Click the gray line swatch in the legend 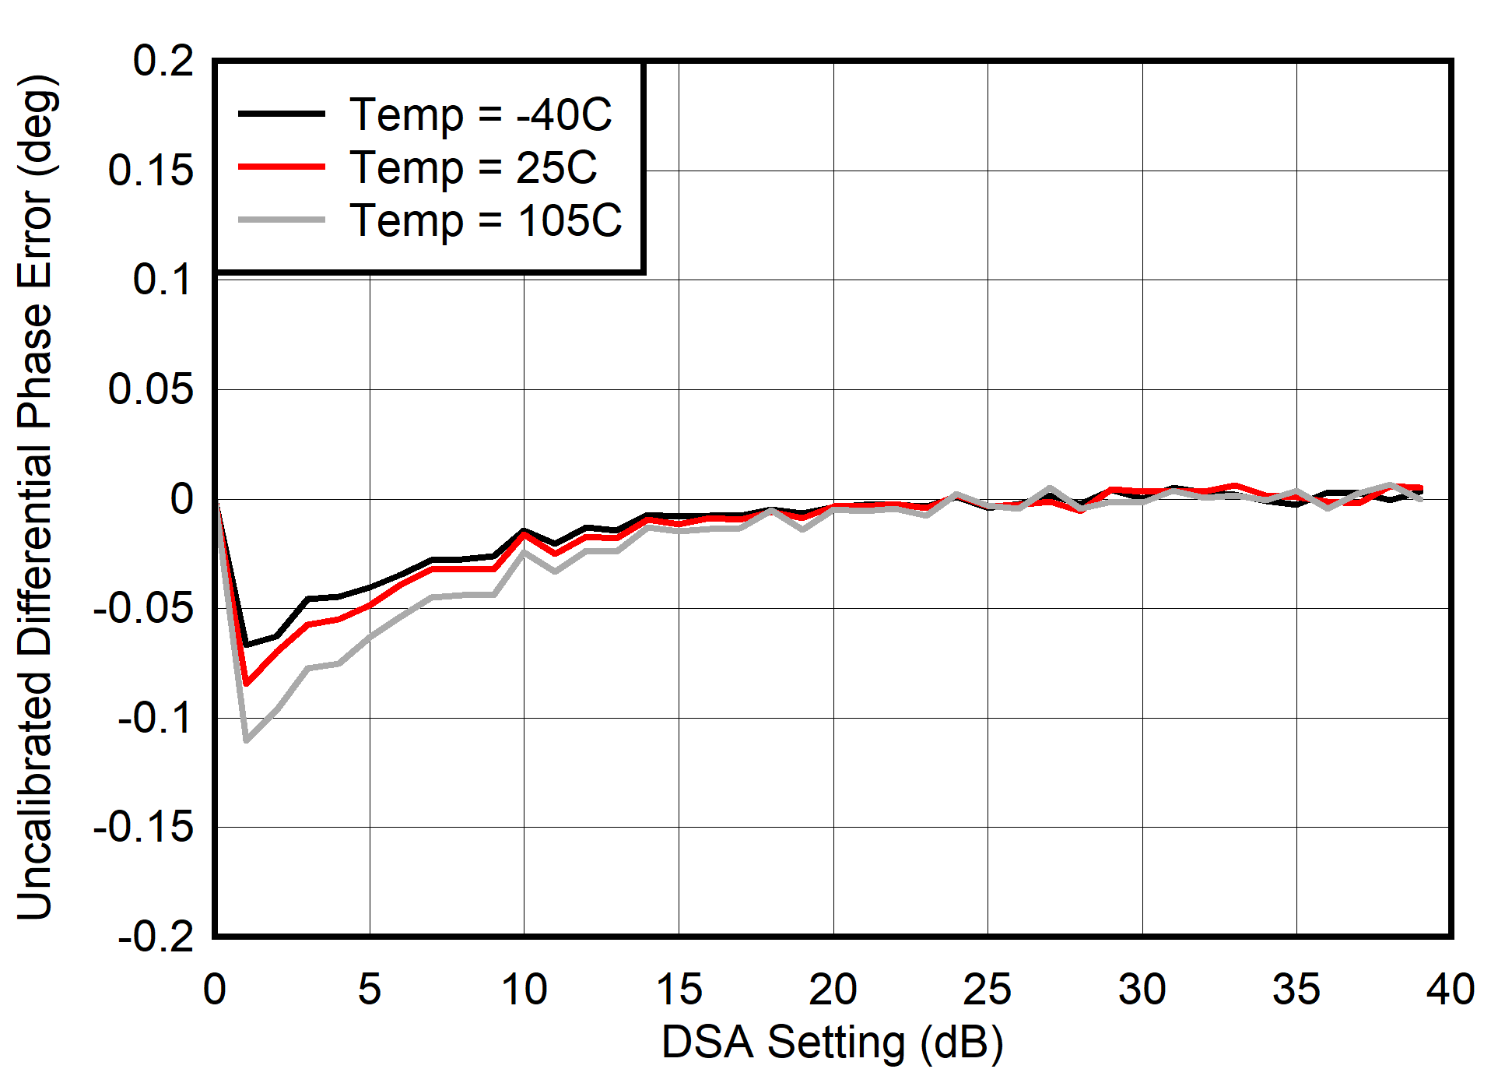[x=282, y=221]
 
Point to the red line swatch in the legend [x=282, y=167]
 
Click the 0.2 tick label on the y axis [x=163, y=61]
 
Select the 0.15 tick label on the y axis [x=150, y=171]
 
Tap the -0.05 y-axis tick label [x=143, y=608]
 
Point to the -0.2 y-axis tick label [x=156, y=936]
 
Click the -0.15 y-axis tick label [x=143, y=827]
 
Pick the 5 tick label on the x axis [x=370, y=990]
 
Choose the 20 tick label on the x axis [x=833, y=990]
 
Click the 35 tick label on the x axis [x=1296, y=990]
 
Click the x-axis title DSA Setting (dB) [x=833, y=1043]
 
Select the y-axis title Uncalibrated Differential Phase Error [x=35, y=498]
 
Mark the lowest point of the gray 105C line [x=247, y=740]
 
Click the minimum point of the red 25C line [x=247, y=684]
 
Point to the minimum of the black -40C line [x=247, y=645]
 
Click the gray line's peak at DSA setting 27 [x=1050, y=488]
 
